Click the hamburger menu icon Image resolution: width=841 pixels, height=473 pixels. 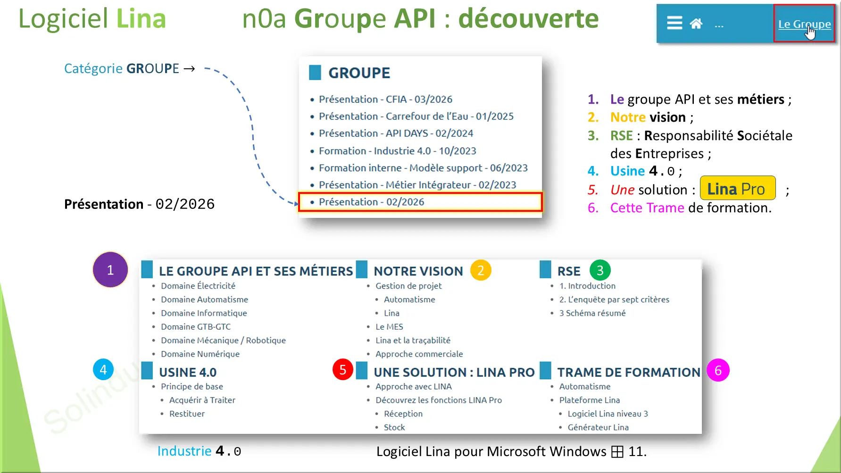tap(674, 23)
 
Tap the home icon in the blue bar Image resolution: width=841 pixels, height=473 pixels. tap(696, 24)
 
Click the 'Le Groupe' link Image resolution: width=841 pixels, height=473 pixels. tap(804, 24)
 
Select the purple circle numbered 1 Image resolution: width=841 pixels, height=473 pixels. tap(110, 270)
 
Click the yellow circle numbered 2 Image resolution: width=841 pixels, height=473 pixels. tap(481, 271)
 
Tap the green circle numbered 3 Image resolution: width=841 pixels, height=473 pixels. tap(600, 271)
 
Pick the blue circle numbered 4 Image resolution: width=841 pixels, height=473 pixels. tap(103, 370)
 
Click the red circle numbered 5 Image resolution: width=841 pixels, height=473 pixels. tap(343, 370)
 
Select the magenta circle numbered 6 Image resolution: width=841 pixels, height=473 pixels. tap(718, 371)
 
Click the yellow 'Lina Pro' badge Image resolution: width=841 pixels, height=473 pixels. tap(737, 189)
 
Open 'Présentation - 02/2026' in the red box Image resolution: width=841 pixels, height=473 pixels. tap(372, 202)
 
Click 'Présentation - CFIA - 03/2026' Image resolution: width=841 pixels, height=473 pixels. tap(385, 100)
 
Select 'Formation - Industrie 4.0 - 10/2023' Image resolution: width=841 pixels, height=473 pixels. tap(397, 151)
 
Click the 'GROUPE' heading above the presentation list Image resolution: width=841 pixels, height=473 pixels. tap(359, 73)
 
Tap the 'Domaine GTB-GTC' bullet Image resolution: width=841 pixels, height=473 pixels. tap(196, 327)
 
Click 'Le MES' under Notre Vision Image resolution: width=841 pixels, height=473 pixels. tap(389, 327)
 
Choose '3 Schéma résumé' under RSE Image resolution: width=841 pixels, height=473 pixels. tap(592, 313)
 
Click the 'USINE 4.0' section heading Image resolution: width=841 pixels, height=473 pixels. tap(188, 373)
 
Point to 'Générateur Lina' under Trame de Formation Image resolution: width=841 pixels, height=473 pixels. tap(598, 427)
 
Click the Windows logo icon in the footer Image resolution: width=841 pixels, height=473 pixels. tap(617, 452)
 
